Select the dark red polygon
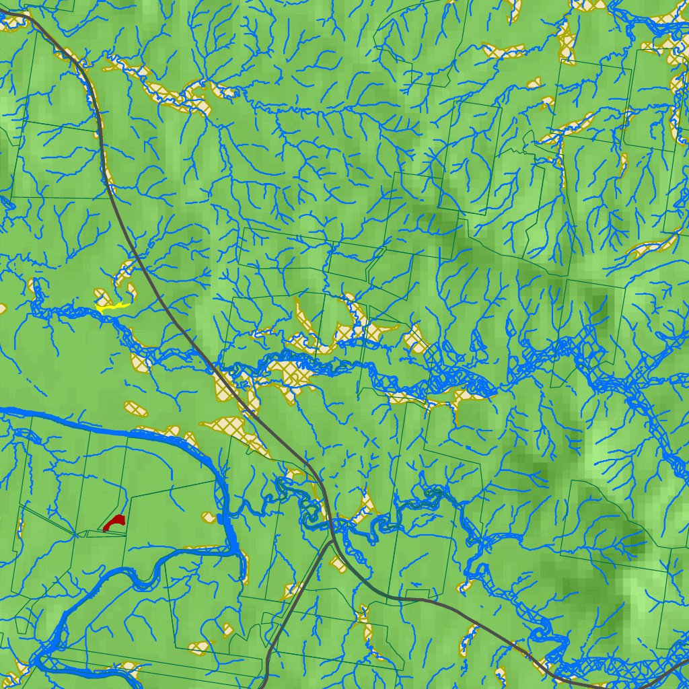pos(115,521)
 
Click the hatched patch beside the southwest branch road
pos(291,590)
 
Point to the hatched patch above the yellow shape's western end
pos(101,295)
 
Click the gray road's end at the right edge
pos(686,661)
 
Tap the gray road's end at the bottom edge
pos(263,686)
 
